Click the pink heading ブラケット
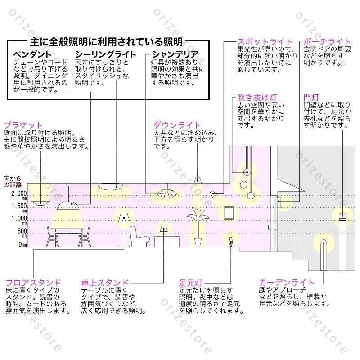pyautogui.click(x=23, y=126)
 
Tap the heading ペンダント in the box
pyautogui.click(x=32, y=54)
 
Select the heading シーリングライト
pyautogui.click(x=106, y=54)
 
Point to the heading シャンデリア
pyautogui.click(x=175, y=54)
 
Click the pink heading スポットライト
pyautogui.click(x=265, y=42)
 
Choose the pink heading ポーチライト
pyautogui.click(x=327, y=42)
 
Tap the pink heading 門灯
pyautogui.click(x=311, y=98)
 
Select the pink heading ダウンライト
pyautogui.click(x=177, y=126)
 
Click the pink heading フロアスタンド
pyautogui.click(x=33, y=283)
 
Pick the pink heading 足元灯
pyautogui.click(x=191, y=283)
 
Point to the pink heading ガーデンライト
pyautogui.click(x=286, y=283)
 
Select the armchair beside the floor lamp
pyautogui.click(x=139, y=237)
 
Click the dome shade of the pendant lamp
pyautogui.click(x=68, y=206)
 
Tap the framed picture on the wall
pyautogui.click(x=229, y=213)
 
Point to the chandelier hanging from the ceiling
pyautogui.click(x=167, y=193)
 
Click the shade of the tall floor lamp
pyautogui.click(x=124, y=217)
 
